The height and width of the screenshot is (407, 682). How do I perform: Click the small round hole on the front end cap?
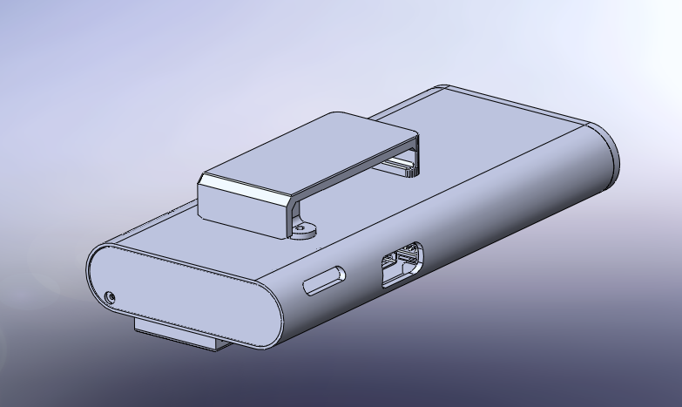point(110,297)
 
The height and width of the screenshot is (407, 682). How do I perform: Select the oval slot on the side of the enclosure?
point(323,281)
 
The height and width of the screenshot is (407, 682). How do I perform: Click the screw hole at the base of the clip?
point(301,229)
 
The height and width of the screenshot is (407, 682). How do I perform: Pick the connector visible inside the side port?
point(407,259)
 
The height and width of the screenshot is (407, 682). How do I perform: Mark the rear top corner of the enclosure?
point(444,89)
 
